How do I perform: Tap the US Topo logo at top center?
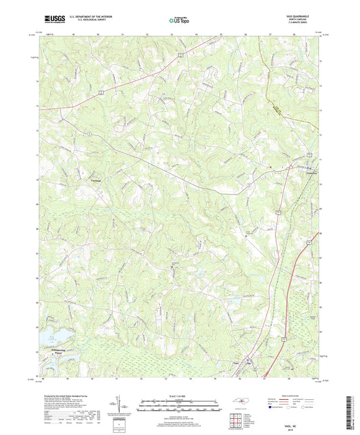(x=180, y=21)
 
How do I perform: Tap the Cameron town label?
(x=306, y=172)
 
